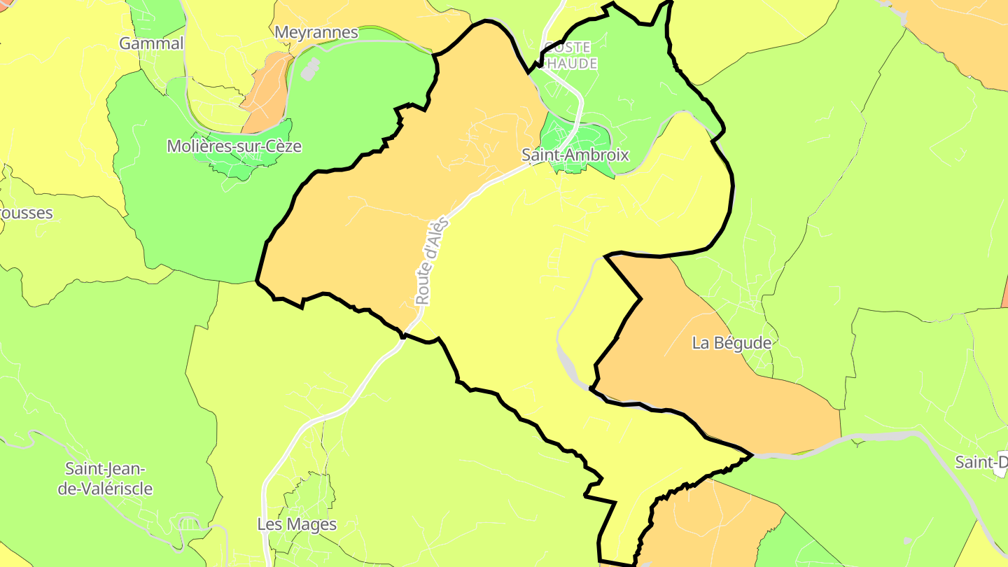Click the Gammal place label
click(x=151, y=43)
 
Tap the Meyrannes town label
click(x=316, y=32)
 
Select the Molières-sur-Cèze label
click(x=234, y=146)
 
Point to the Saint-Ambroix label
click(x=575, y=155)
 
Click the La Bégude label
click(x=731, y=343)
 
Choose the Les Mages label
click(x=297, y=524)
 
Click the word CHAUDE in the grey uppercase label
click(x=570, y=64)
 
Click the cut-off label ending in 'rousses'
click(x=26, y=213)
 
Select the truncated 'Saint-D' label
click(x=981, y=462)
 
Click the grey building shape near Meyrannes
click(x=310, y=69)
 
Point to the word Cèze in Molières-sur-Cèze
click(x=281, y=146)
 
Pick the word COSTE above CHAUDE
click(x=567, y=48)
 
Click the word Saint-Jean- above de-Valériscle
click(x=105, y=468)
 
